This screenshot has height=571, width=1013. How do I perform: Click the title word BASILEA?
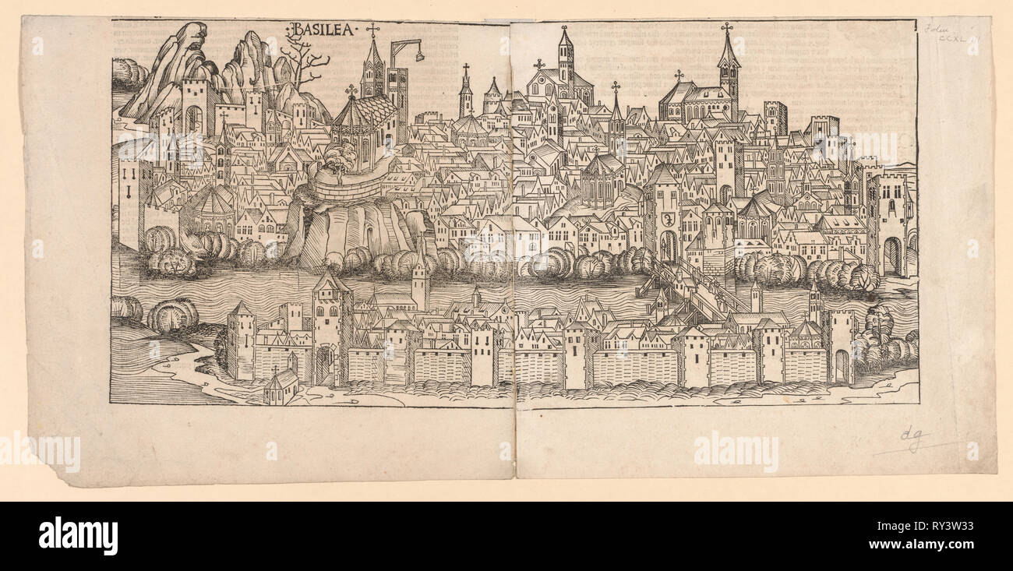[x=322, y=30]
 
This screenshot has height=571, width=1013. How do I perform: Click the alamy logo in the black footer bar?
[x=78, y=536]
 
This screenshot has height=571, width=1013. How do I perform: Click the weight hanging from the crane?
[x=420, y=56]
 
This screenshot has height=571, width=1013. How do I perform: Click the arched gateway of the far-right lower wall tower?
[x=841, y=365]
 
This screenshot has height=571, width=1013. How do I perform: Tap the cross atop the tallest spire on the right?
[x=727, y=28]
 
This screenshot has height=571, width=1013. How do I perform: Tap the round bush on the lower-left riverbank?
[x=171, y=315]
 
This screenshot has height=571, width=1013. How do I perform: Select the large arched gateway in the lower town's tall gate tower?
[x=323, y=365]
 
